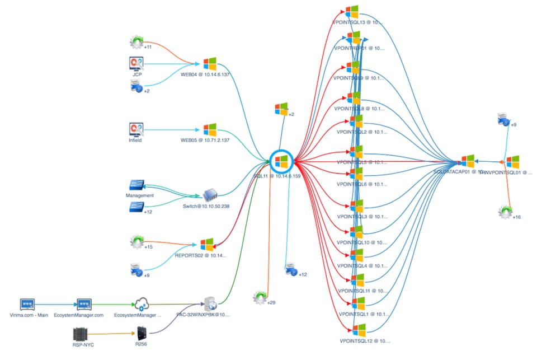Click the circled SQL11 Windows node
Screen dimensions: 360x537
tap(281, 162)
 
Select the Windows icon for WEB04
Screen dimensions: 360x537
tap(210, 63)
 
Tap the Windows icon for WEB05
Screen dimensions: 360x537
tap(210, 130)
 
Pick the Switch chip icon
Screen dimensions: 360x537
tap(210, 195)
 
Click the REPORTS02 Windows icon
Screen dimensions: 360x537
tap(207, 245)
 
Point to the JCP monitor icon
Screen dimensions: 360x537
tap(136, 63)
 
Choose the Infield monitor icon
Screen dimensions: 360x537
tap(136, 130)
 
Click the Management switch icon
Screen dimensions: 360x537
tap(137, 185)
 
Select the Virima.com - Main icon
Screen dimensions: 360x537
tap(27, 305)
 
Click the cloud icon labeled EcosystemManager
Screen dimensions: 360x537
tap(141, 305)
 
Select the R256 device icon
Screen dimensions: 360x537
tap(141, 335)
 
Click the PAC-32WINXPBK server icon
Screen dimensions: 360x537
tap(211, 304)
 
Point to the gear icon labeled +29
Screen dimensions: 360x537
tap(259, 297)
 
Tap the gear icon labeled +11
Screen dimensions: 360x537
tap(136, 41)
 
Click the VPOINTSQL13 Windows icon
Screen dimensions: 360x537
tap(352, 12)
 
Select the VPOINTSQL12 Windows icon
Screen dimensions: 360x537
tap(359, 330)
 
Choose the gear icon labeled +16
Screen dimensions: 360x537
tap(506, 212)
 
